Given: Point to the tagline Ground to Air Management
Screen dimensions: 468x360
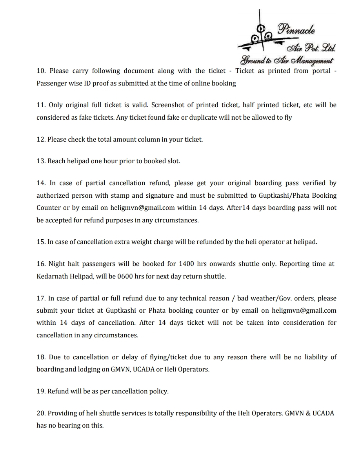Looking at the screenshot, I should [286, 60].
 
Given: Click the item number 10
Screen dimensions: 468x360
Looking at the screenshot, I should [41, 71].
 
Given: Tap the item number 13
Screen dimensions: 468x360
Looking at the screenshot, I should [41, 161].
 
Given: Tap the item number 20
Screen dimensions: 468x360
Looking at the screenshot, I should [41, 413].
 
